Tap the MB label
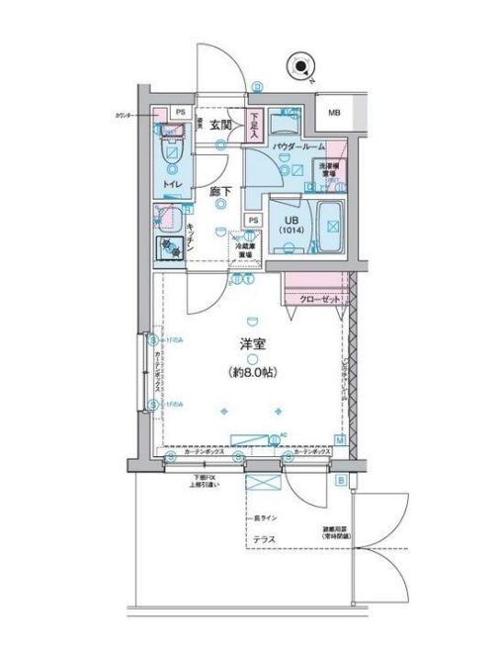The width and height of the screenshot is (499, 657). pos(335,115)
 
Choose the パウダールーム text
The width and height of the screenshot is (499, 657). pos(298,145)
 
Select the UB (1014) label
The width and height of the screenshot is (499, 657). pos(290,225)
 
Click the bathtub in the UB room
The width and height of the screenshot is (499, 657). pos(331,227)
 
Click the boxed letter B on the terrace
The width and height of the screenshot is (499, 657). pos(342,482)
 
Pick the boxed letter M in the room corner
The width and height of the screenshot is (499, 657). pos(340,439)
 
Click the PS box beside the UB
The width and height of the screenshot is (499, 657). pos(253,220)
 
